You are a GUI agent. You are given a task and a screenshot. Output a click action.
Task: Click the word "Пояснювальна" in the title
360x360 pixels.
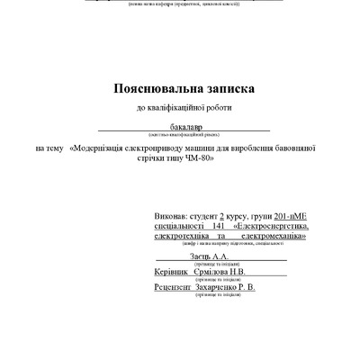pyautogui.click(x=157, y=89)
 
